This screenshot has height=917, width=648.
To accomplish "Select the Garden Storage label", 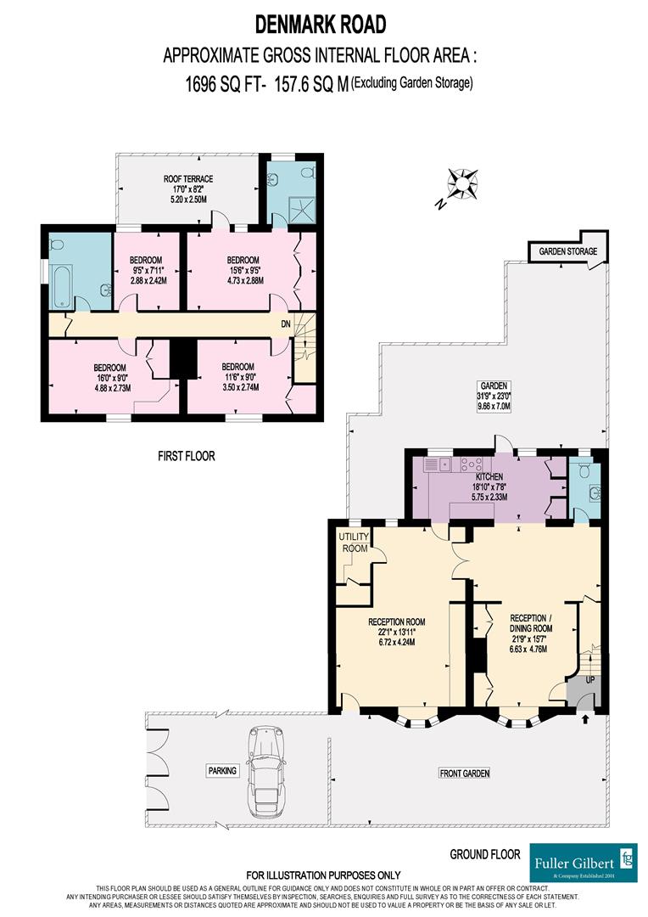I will coord(563,251).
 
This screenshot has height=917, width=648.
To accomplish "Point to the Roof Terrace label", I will coord(187,179).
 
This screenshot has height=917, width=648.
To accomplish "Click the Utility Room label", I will coord(354,543).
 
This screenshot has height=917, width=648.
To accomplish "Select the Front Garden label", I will coord(464,773).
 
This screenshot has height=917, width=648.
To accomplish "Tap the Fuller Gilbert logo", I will coord(583,863).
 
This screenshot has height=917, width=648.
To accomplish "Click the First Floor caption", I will coord(186,456).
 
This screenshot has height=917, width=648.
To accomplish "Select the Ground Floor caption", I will coord(484,853).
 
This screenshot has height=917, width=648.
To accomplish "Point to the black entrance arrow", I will coord(585,720).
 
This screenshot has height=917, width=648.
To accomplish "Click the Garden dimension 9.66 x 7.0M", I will coord(490,406).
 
